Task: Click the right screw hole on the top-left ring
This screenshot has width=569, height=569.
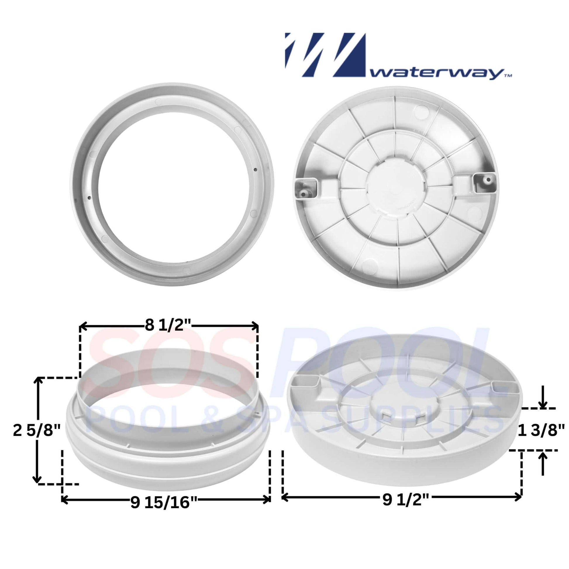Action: coord(255,169)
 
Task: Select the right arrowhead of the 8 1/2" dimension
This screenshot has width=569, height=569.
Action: coord(255,326)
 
